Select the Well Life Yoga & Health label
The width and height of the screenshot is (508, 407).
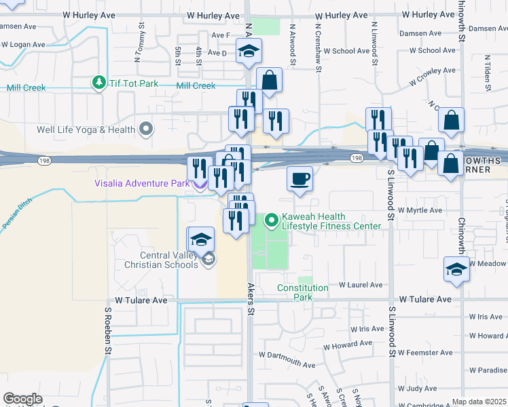pyautogui.click(x=88, y=129)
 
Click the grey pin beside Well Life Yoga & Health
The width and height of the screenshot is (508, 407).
pyautogui.click(x=145, y=128)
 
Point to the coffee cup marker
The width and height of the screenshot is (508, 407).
pyautogui.click(x=300, y=180)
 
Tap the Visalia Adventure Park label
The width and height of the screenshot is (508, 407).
pyautogui.click(x=141, y=183)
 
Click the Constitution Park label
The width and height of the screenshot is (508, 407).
pyautogui.click(x=303, y=292)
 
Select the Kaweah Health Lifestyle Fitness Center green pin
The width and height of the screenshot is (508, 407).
pyautogui.click(x=272, y=220)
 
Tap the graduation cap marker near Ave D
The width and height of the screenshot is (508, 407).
pyautogui.click(x=249, y=52)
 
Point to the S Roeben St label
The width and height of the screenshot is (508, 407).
pyautogui.click(x=107, y=330)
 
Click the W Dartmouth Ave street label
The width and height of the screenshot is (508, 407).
pyautogui.click(x=287, y=365)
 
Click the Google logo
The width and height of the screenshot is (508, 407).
pyautogui.click(x=22, y=399)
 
